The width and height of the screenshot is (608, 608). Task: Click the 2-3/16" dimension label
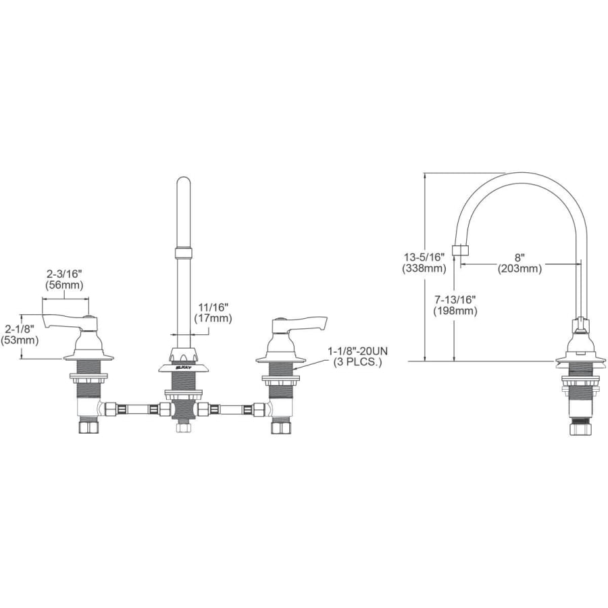pos(64,274)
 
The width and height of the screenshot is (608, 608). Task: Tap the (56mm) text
pos(64,285)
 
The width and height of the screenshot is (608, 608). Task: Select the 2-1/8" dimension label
pos(20,329)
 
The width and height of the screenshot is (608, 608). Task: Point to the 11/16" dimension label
pos(213,307)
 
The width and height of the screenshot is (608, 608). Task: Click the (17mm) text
pos(213,318)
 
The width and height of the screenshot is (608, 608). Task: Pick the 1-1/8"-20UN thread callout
pos(358,351)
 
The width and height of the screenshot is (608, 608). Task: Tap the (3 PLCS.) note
pos(358,363)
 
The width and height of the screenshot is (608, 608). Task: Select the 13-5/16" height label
pos(424,257)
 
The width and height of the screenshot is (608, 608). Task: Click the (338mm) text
pos(424,268)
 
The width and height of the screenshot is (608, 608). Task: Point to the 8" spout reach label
pos(520,257)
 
